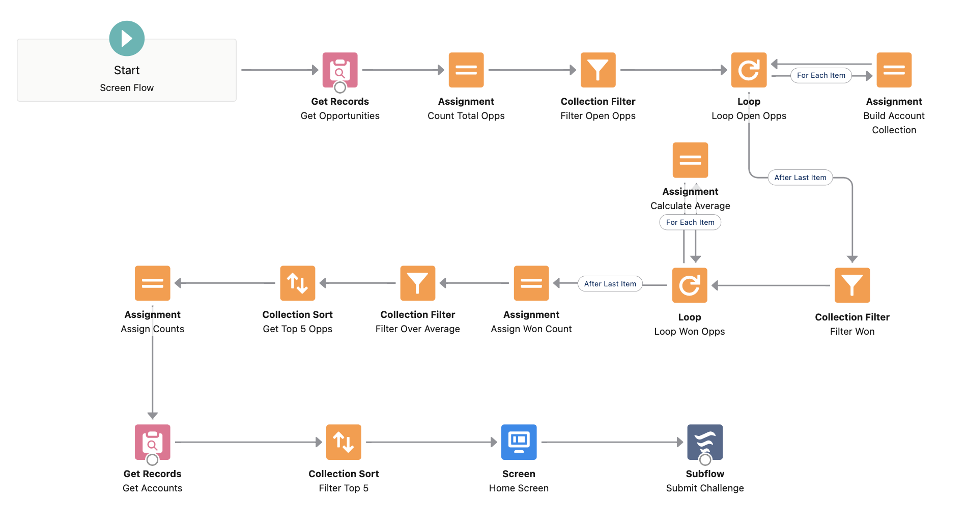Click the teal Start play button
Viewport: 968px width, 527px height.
pyautogui.click(x=127, y=39)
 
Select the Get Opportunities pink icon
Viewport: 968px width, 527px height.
pyautogui.click(x=340, y=70)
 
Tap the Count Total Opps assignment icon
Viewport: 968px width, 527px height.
pyautogui.click(x=466, y=70)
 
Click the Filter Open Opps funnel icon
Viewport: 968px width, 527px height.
pyautogui.click(x=598, y=70)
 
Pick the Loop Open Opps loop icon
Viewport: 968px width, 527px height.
pyautogui.click(x=749, y=70)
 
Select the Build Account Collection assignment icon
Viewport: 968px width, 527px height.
pyautogui.click(x=894, y=70)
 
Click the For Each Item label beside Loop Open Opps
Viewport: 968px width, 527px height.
pyautogui.click(x=820, y=75)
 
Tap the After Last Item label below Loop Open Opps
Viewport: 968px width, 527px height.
pyautogui.click(x=800, y=178)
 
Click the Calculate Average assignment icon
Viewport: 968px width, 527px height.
pyautogui.click(x=690, y=160)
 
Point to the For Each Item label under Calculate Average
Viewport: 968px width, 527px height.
pyautogui.click(x=690, y=222)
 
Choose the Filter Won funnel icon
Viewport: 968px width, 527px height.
pyautogui.click(x=852, y=285)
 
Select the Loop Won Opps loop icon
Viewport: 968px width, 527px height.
pyautogui.click(x=690, y=285)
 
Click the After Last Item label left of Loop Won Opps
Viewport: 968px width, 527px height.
pyautogui.click(x=610, y=284)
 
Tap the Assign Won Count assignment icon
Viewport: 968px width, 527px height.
pyautogui.click(x=531, y=283)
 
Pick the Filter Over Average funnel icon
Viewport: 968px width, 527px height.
pyautogui.click(x=417, y=283)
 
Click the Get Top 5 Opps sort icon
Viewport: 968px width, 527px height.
pyautogui.click(x=298, y=283)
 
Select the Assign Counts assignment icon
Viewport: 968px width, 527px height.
pyautogui.click(x=152, y=283)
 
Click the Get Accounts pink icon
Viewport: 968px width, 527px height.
pyautogui.click(x=152, y=442)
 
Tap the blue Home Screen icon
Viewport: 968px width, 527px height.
pyautogui.click(x=519, y=442)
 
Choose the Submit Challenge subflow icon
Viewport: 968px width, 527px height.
pyautogui.click(x=705, y=442)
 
